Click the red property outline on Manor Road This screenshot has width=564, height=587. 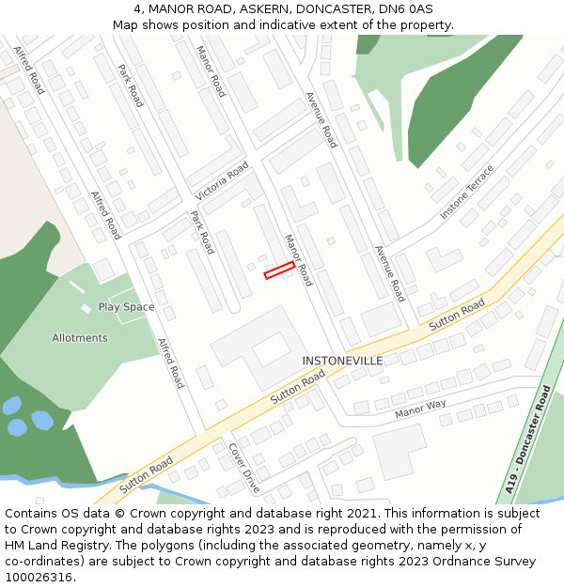279,270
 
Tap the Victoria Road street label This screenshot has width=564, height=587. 222,180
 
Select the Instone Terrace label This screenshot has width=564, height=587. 466,193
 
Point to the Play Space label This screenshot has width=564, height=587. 126,307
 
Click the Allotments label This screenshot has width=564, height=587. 80,338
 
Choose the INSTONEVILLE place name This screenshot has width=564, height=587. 342,361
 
